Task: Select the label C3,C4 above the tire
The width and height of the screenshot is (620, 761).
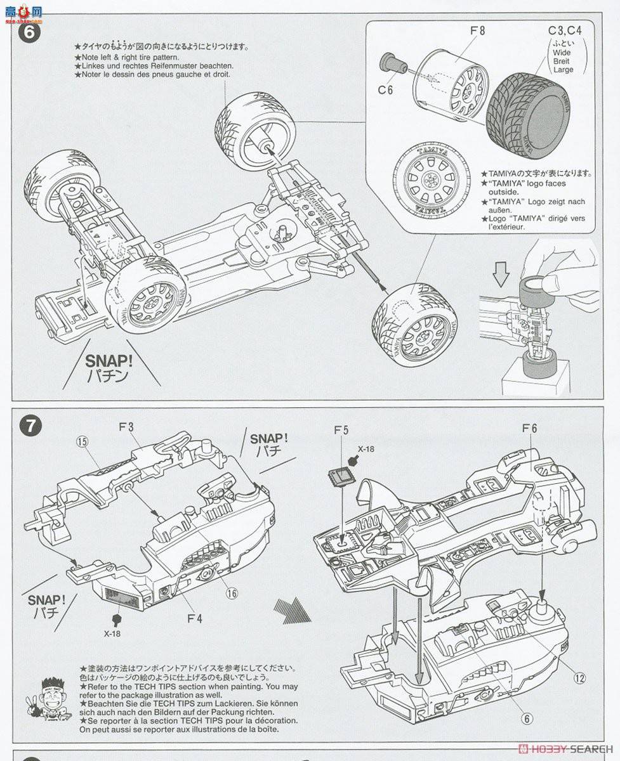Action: [564, 30]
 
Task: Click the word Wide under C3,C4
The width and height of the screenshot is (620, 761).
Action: [562, 53]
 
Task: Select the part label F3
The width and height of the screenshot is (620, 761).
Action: [126, 428]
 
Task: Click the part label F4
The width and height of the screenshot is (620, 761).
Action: [194, 616]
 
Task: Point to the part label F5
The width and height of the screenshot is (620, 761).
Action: [341, 431]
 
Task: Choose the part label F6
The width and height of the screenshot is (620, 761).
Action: [530, 429]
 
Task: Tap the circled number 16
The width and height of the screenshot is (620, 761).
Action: [231, 593]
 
